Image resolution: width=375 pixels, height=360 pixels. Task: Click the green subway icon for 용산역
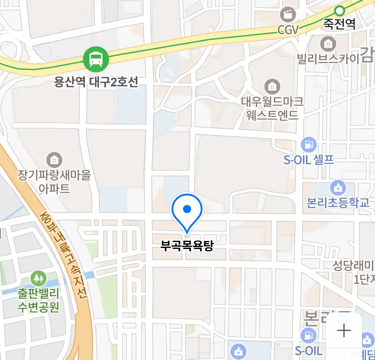96,59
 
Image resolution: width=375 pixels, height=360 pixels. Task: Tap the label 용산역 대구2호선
96,81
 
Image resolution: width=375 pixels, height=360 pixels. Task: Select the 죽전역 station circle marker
339,11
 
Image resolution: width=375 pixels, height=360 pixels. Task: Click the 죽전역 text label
339,24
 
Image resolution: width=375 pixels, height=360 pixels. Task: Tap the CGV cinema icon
287,14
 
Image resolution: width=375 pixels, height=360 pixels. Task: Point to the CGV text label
288,30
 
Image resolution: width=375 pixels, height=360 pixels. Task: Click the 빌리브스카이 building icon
328,44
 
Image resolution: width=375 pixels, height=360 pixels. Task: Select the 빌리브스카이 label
328,59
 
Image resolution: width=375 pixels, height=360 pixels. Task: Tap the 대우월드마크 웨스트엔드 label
272,108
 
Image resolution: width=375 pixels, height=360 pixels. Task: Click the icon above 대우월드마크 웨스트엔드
272,87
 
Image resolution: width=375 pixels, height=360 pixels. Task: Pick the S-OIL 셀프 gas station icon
309,145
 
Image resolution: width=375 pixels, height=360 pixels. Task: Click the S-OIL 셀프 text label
309,160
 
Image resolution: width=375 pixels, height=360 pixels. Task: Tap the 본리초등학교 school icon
338,188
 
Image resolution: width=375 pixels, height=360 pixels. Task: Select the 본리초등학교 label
338,203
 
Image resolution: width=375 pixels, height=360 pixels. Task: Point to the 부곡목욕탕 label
187,246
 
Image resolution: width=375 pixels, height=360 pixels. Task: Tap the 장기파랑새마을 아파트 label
54,182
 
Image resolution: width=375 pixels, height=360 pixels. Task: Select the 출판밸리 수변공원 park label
39,300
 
